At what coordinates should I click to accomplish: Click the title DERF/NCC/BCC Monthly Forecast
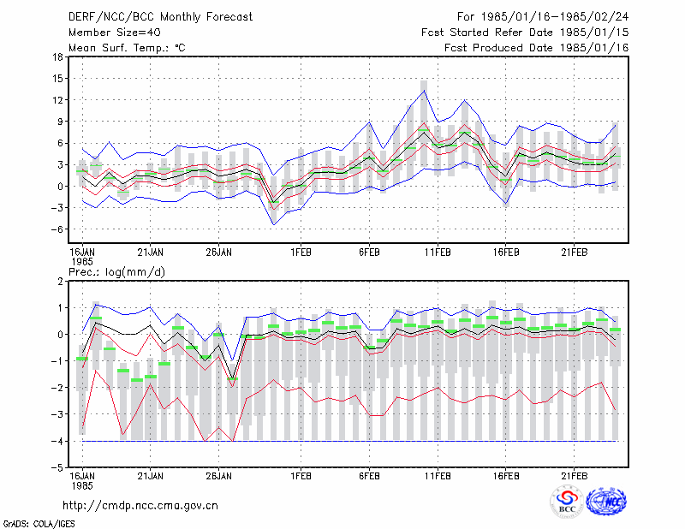pyautogui.click(x=160, y=17)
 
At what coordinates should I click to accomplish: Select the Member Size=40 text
pyautogui.click(x=115, y=33)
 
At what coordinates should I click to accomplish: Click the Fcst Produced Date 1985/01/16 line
pyautogui.click(x=537, y=48)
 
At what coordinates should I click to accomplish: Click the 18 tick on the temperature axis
pyautogui.click(x=57, y=56)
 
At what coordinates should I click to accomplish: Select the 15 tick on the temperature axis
pyautogui.click(x=57, y=79)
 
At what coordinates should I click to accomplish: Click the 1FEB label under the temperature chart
pyautogui.click(x=301, y=253)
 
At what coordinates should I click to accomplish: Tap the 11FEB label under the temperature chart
pyautogui.click(x=438, y=253)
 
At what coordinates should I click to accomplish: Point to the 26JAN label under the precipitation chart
pyautogui.click(x=219, y=476)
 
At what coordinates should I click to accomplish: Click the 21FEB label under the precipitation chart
pyautogui.click(x=574, y=476)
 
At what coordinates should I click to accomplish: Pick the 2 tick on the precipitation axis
pyautogui.click(x=60, y=282)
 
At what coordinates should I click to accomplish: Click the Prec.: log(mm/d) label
pyautogui.click(x=116, y=272)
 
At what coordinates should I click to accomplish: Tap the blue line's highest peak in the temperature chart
pyautogui.click(x=424, y=91)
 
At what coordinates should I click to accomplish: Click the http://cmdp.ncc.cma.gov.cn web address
pyautogui.click(x=140, y=506)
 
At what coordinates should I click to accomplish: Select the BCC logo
pyautogui.click(x=567, y=502)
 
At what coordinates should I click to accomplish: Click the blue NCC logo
pyautogui.click(x=606, y=501)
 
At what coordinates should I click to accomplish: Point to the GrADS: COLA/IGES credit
pyautogui.click(x=39, y=524)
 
